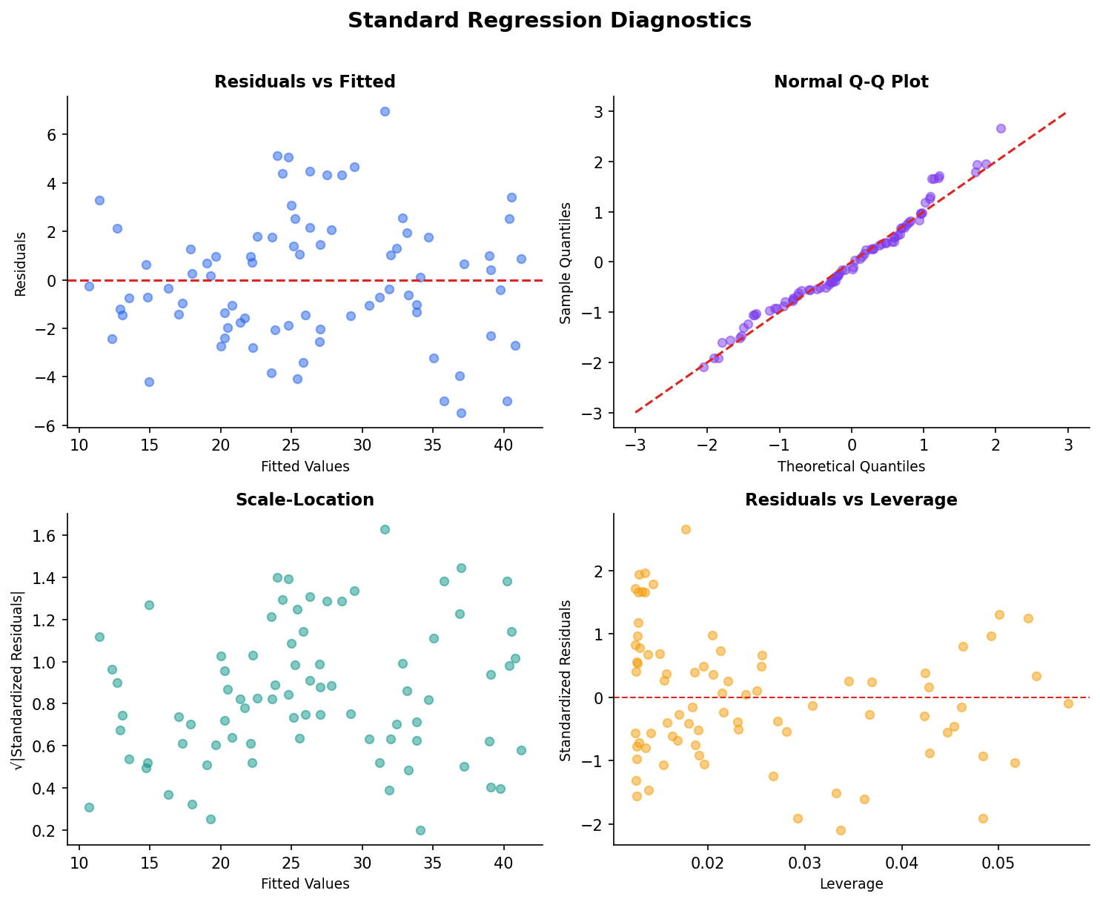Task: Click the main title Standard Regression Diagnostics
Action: point(549,21)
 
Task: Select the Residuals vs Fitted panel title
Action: point(305,82)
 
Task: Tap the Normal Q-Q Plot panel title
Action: point(851,82)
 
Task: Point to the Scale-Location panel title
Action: point(305,500)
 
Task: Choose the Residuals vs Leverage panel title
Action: point(851,500)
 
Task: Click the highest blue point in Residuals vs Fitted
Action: point(385,111)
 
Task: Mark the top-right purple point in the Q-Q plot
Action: point(1001,128)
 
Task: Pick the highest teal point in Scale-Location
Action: point(385,529)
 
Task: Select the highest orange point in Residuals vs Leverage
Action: point(686,529)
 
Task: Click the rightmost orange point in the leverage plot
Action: point(1068,703)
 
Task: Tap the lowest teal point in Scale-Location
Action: point(420,830)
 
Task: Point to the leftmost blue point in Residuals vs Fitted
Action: point(89,286)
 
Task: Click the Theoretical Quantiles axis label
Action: point(851,467)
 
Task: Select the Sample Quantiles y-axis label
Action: point(566,262)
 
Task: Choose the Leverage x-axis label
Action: point(851,884)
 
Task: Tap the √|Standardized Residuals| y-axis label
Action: point(21,680)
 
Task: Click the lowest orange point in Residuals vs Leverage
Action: point(841,830)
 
